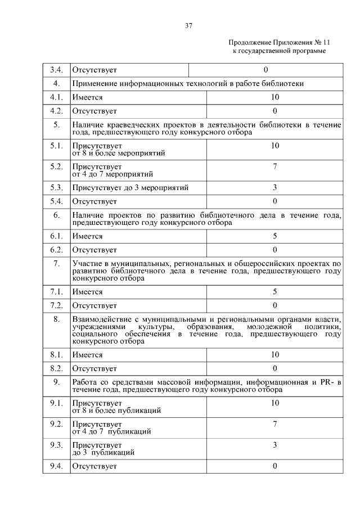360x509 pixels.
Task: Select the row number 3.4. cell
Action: point(56,70)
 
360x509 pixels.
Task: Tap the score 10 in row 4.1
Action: point(274,97)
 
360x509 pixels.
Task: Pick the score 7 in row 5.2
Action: point(274,166)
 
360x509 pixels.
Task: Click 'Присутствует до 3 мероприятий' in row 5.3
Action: point(130,187)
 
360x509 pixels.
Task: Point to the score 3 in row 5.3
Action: point(274,187)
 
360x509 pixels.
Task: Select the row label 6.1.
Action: point(56,236)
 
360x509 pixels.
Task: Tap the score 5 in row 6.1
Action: point(274,236)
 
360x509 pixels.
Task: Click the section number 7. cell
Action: point(56,263)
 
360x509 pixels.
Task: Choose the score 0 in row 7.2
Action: point(274,305)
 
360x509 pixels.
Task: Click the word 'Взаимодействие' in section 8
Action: point(99,319)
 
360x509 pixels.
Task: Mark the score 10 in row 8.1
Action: point(274,354)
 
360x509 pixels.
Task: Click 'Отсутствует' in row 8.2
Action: point(94,368)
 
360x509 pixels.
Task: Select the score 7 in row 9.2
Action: point(274,424)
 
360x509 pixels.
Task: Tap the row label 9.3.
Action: point(56,445)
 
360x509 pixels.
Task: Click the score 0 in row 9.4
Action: point(274,466)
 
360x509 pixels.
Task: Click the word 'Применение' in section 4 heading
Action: point(94,83)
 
